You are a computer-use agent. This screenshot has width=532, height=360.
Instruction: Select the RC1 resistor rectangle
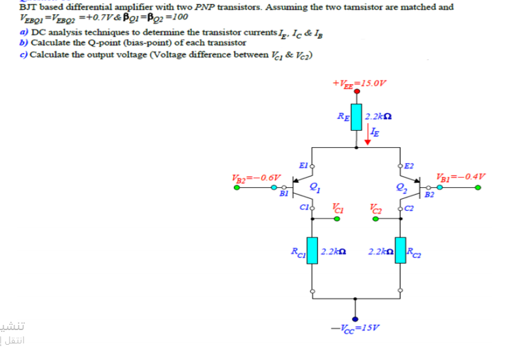click(x=312, y=250)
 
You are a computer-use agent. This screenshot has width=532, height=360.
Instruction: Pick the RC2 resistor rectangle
click(x=400, y=250)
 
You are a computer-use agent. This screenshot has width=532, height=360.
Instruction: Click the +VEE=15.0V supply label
click(x=359, y=83)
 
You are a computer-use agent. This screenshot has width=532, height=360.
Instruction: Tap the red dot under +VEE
click(x=357, y=92)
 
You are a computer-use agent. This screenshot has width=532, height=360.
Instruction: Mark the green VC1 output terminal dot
click(x=337, y=219)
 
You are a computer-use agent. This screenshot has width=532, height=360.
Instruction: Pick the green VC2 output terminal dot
click(x=376, y=219)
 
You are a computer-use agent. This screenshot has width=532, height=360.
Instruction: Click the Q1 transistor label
click(x=314, y=187)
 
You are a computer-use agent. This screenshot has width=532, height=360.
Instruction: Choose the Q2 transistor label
click(x=399, y=187)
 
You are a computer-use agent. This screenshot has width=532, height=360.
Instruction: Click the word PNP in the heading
click(x=204, y=7)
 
